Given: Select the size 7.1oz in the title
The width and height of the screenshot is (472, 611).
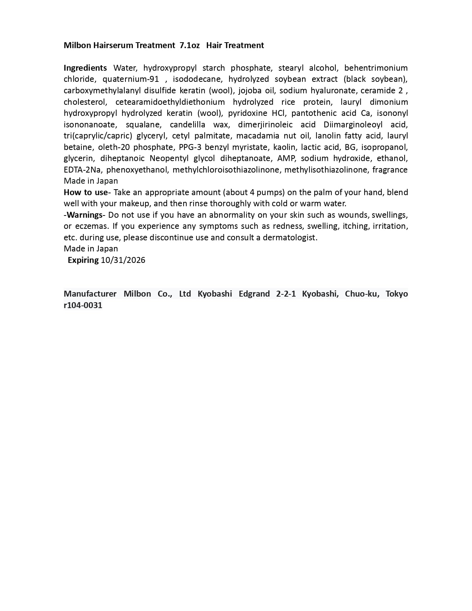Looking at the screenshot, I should pos(190,45).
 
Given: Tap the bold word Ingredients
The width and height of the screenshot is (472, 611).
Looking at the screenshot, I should pos(85,68).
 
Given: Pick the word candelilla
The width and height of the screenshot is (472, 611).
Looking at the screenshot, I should pos(187,124).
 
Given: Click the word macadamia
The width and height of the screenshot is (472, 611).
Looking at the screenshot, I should pos(259,136).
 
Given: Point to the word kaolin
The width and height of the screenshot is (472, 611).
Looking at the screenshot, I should pos(284,147).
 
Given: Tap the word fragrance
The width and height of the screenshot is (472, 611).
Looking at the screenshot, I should pos(390,170).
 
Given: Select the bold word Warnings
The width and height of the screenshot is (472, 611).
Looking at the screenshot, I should pos(84,215).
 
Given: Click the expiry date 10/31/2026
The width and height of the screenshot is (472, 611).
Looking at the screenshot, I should pos(123,260).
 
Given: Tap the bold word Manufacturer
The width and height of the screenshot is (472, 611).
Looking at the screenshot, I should pos(90,294).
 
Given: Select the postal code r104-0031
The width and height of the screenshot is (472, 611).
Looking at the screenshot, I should pos(83,305).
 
